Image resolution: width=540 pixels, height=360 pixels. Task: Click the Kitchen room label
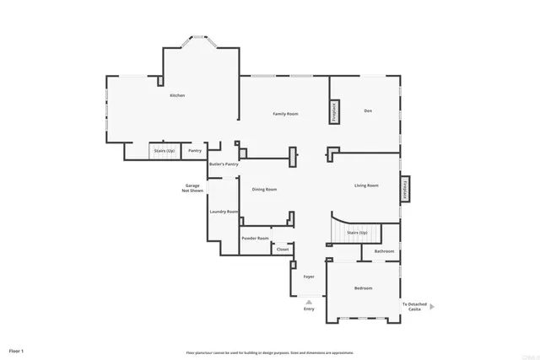pos(177,95)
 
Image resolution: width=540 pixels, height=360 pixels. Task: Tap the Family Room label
pos(285,113)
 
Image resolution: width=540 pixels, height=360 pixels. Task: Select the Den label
pos(368,111)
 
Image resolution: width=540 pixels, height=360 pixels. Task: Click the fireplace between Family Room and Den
pos(334,112)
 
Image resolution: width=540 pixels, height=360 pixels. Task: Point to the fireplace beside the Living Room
pos(405,190)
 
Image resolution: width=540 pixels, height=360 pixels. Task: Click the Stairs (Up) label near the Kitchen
pos(163,151)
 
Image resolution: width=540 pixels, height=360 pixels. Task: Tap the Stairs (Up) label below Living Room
pos(357,233)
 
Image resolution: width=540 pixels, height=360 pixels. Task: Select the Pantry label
pos(195,151)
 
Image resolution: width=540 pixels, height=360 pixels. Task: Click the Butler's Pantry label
pos(224,164)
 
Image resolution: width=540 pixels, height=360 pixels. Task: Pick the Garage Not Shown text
pos(192,188)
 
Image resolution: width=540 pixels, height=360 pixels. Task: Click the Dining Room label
pos(264,189)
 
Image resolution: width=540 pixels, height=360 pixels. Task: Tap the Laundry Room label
pos(224,212)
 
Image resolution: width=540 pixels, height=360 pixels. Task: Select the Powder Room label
pos(255,239)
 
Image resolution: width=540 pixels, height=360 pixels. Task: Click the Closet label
pos(283,250)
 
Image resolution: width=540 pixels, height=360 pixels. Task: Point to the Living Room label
pos(366,185)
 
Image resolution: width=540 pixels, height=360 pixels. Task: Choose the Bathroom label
pos(384,251)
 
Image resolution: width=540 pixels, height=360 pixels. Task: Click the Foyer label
pos(309,277)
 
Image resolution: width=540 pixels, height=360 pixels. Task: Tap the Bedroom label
pos(363,288)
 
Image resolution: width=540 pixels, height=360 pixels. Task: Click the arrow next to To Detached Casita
pos(433,307)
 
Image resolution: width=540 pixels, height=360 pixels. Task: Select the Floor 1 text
pos(17,349)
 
